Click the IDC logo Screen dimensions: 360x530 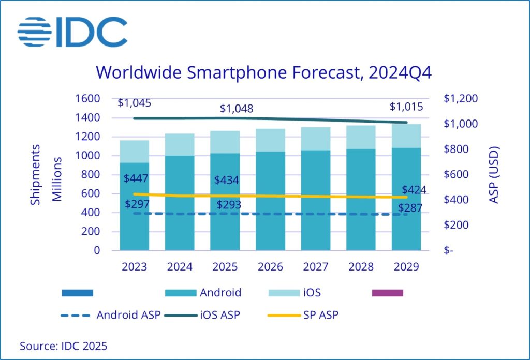coord(72,32)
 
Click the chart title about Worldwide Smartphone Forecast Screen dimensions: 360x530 coord(264,73)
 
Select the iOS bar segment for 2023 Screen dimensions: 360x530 coord(135,151)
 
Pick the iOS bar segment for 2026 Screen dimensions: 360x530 coord(270,140)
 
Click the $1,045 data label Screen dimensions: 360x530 coord(135,103)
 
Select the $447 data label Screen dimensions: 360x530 coord(136,179)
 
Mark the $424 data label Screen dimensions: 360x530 coord(414,190)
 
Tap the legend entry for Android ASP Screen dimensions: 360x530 coord(111,314)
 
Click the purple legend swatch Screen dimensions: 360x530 coord(387,293)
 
